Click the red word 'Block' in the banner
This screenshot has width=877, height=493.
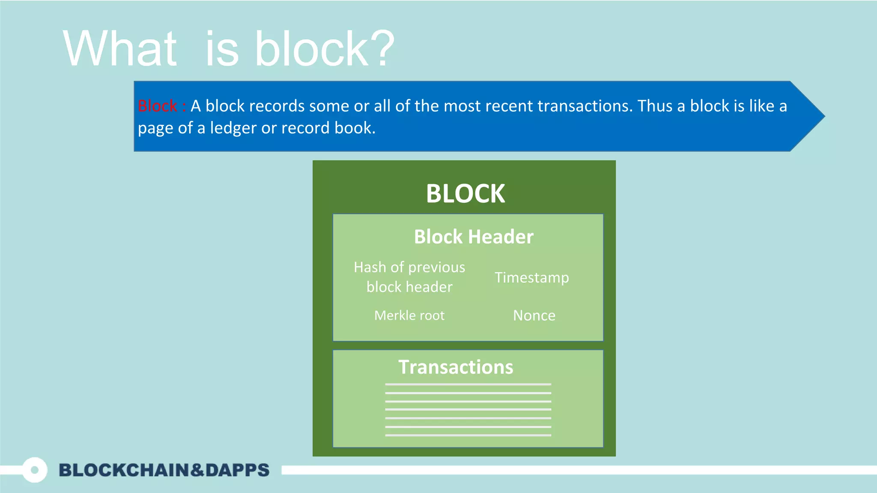(157, 106)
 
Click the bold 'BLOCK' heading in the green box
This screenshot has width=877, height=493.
(465, 193)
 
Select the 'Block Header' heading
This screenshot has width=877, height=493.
(474, 237)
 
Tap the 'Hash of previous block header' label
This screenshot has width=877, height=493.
(409, 277)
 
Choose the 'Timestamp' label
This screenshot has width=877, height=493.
(532, 277)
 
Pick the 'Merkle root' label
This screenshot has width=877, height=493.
(409, 315)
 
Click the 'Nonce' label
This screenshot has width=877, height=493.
(534, 315)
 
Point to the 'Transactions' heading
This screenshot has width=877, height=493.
(456, 367)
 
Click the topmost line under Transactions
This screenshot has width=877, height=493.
(468, 384)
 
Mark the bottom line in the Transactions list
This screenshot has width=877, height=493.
(468, 435)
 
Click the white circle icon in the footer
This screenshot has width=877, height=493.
(35, 470)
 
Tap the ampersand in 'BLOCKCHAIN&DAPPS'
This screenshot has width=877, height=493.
(197, 470)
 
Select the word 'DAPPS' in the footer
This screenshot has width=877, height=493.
(237, 470)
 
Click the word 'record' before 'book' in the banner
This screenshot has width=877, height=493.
(305, 128)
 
